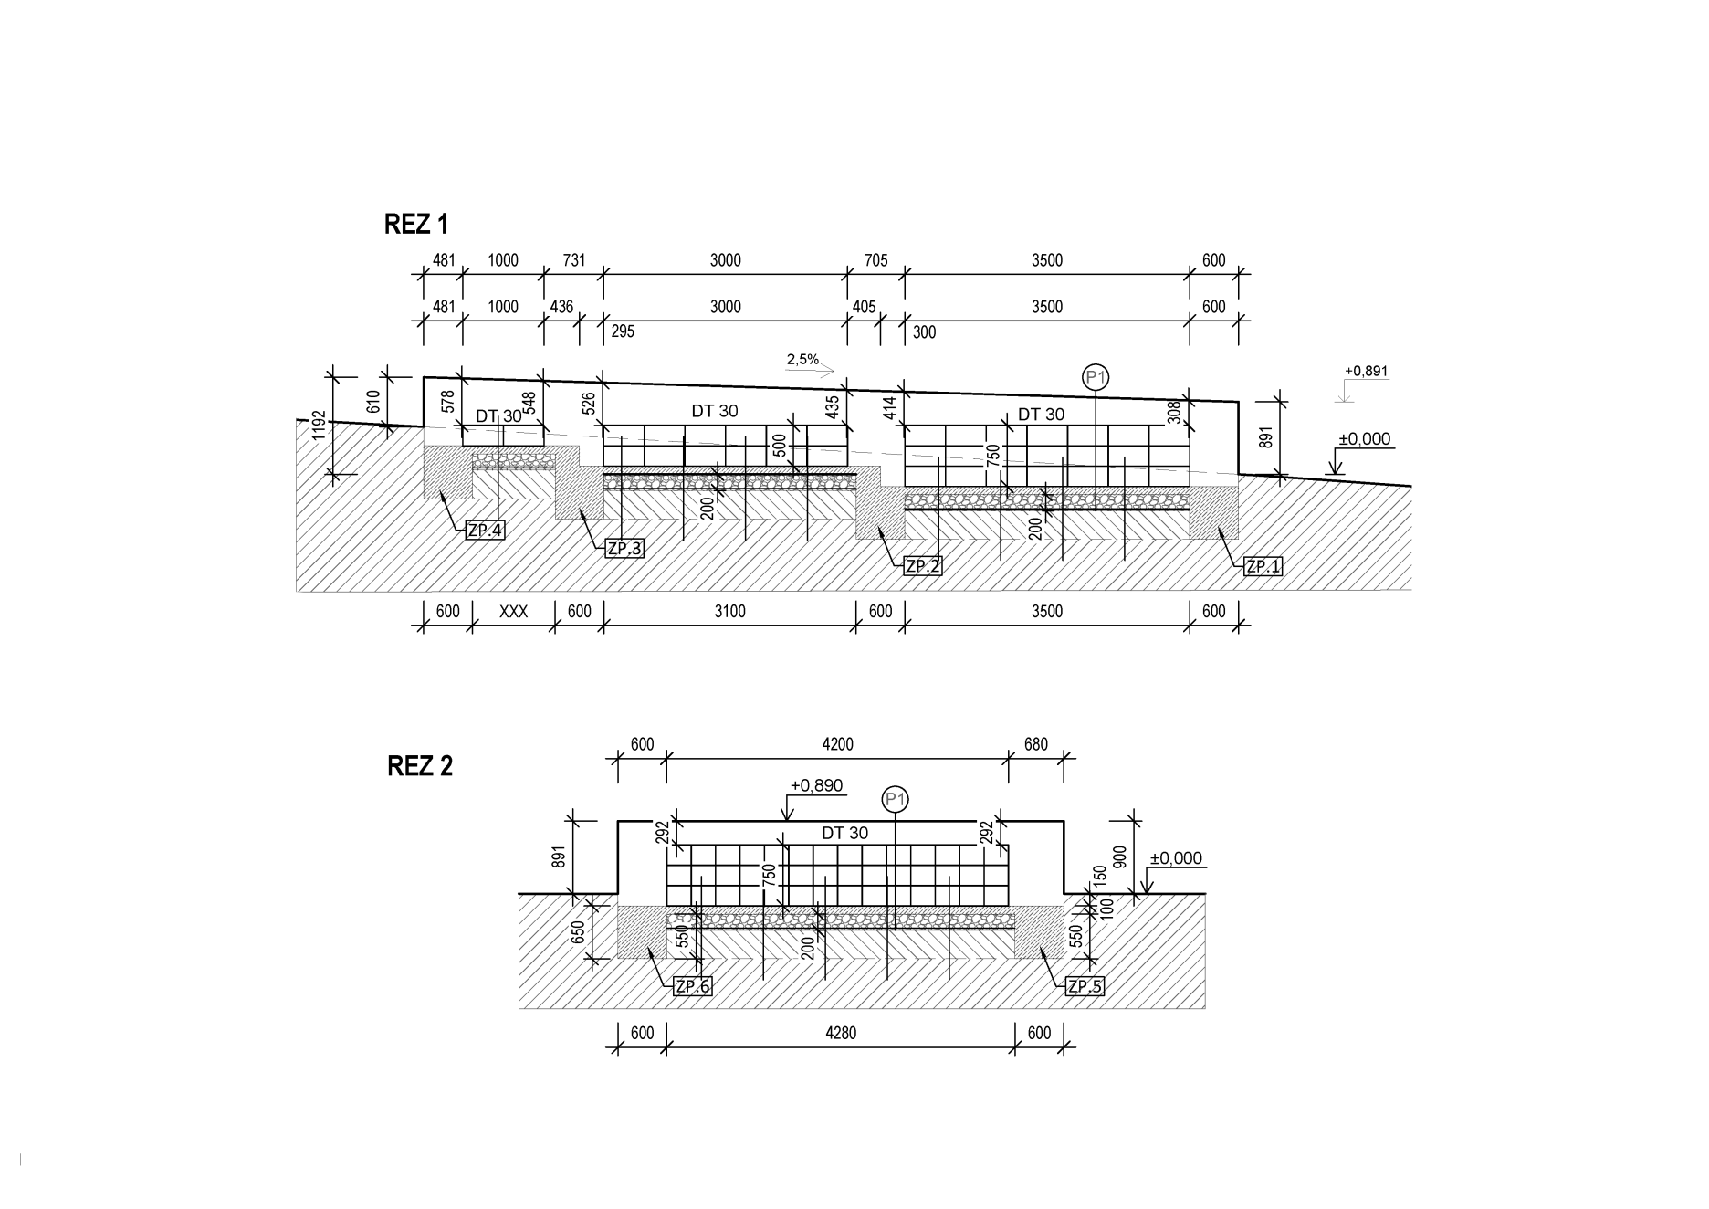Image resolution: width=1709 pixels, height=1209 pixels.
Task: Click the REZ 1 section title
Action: (x=416, y=224)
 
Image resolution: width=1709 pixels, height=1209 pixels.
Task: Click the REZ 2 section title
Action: (x=420, y=765)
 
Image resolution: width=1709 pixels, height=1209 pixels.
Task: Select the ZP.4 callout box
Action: (x=485, y=530)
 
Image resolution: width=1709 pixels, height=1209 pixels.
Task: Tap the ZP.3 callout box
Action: (x=625, y=548)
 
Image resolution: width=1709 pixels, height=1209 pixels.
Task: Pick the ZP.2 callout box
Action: (x=923, y=566)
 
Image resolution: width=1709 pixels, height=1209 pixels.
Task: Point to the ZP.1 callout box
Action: (x=1263, y=566)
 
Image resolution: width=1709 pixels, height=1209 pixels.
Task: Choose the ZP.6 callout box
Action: (x=691, y=986)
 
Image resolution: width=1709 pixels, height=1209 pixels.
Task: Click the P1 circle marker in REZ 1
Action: (x=1096, y=376)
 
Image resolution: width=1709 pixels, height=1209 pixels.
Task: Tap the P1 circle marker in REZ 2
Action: (x=896, y=800)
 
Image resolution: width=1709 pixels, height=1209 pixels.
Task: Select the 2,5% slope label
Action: (x=802, y=360)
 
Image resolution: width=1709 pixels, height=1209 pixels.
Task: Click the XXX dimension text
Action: (x=513, y=612)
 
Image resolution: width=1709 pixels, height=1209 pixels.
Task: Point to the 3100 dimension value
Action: (x=729, y=612)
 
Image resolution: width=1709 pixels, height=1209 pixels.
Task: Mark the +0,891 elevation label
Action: (x=1367, y=372)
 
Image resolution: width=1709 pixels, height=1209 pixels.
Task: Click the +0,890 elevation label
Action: (x=816, y=785)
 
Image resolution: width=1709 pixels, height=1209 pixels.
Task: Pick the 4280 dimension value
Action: (x=840, y=1034)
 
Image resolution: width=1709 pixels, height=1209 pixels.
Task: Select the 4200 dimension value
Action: (x=837, y=744)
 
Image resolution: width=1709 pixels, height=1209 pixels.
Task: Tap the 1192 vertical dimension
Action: (x=319, y=425)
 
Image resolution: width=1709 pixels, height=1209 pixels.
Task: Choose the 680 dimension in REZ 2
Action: (x=1036, y=744)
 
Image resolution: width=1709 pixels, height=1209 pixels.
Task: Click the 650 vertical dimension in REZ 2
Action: (x=578, y=931)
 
